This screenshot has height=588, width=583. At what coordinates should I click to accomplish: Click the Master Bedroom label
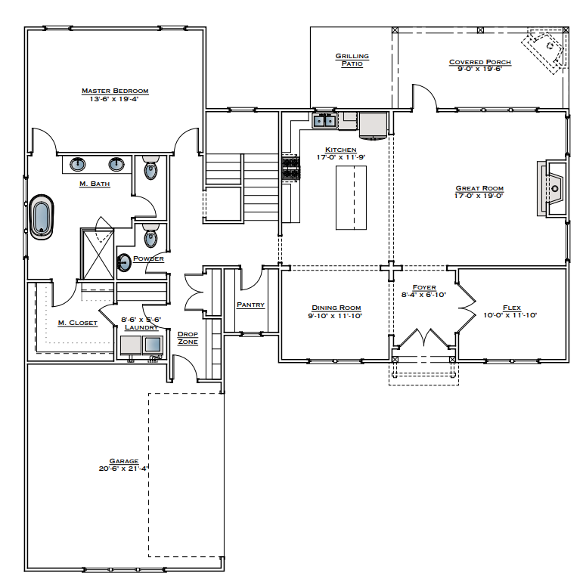[x=115, y=91]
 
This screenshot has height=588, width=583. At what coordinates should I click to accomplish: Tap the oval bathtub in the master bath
[x=41, y=218]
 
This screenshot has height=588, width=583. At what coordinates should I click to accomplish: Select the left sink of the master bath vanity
[x=78, y=164]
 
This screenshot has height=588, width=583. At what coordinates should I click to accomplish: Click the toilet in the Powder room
[x=150, y=237]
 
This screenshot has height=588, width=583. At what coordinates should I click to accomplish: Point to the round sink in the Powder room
[x=124, y=262]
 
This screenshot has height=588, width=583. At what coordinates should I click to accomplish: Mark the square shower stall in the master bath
[x=97, y=252]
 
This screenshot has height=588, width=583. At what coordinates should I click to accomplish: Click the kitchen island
[x=351, y=197]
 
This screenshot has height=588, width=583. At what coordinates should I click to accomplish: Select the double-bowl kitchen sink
[x=325, y=120]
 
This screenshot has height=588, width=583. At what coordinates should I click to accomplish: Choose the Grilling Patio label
[x=352, y=60]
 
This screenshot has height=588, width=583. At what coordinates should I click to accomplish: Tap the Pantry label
[x=250, y=305]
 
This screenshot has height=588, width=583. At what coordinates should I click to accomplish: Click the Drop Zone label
[x=188, y=338]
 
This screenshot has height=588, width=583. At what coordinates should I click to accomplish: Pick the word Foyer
[x=424, y=287]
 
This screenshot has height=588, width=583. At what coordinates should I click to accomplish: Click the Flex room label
[x=512, y=308]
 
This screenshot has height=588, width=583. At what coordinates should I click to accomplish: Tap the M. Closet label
[x=78, y=323]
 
